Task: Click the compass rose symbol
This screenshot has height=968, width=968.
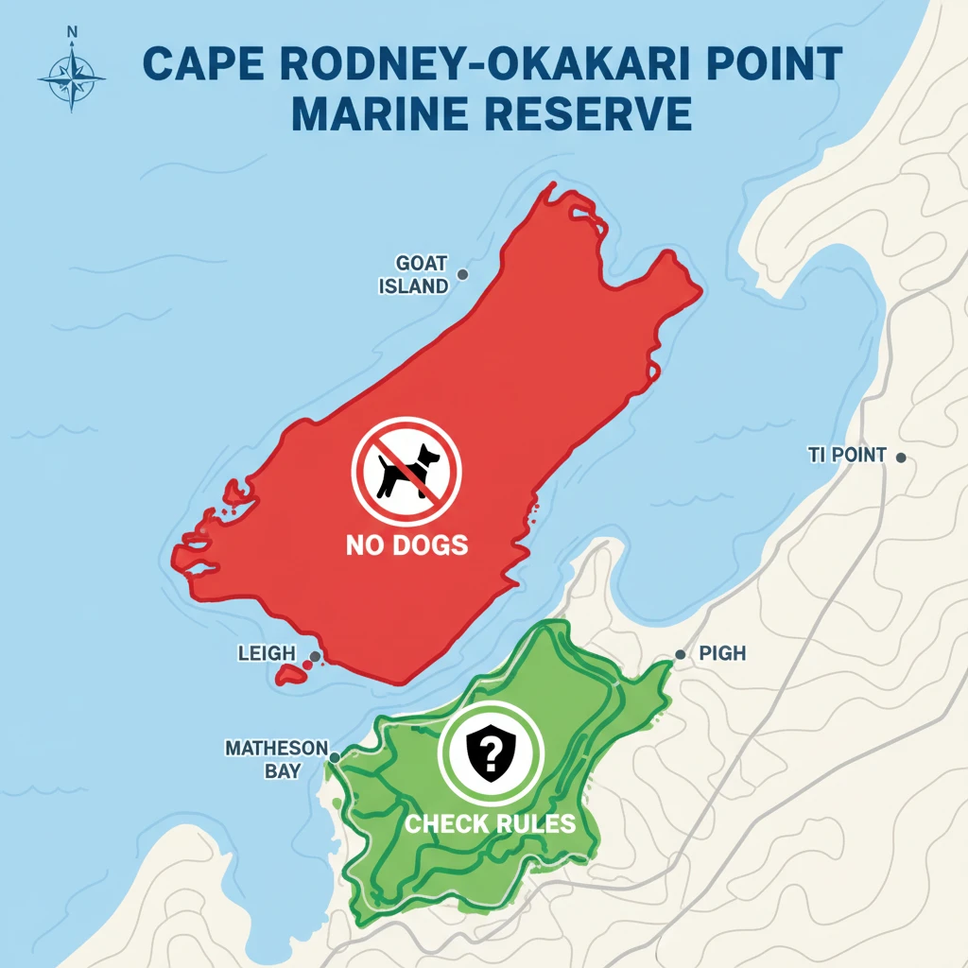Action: [72, 78]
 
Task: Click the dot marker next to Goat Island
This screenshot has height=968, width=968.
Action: [462, 274]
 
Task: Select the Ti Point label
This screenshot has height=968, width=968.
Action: [847, 456]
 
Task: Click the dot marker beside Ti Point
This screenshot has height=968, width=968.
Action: [901, 458]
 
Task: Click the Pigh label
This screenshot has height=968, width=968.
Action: [723, 653]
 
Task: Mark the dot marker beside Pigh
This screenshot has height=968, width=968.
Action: [680, 654]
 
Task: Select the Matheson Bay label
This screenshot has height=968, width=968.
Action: [276, 759]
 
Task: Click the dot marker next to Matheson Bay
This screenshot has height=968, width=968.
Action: [335, 757]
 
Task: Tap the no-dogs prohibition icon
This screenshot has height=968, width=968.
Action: [406, 470]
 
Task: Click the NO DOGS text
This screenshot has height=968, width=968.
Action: [407, 544]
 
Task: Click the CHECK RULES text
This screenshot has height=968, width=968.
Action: [490, 822]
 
